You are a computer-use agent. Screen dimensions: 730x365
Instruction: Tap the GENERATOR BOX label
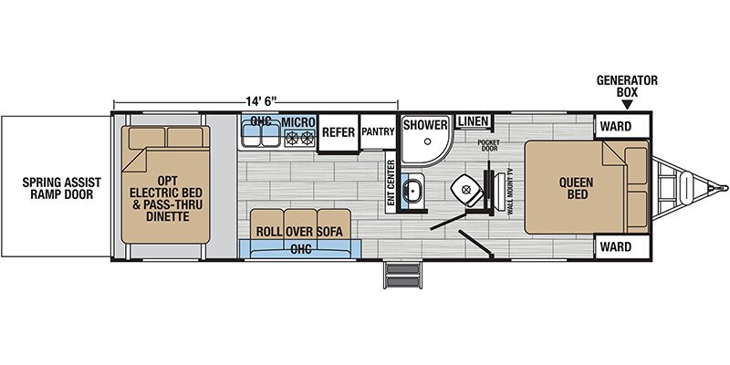[x=627, y=86]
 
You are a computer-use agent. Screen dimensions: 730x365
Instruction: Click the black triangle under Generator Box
[x=627, y=105]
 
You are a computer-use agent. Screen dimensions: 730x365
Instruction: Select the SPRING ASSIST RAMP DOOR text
[x=61, y=188]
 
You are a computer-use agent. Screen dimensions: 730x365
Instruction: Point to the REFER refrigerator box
[x=339, y=132]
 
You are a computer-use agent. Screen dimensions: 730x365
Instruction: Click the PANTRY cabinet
[x=378, y=131]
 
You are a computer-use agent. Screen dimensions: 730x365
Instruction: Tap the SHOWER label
[x=425, y=125]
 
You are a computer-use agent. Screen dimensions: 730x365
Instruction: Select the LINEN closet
[x=473, y=122]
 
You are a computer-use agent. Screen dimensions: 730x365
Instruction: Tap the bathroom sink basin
[x=412, y=190]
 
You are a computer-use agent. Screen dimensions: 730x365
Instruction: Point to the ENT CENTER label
[x=391, y=183]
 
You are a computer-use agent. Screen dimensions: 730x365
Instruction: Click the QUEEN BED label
[x=578, y=188]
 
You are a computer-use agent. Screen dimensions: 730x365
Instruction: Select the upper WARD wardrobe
[x=622, y=126]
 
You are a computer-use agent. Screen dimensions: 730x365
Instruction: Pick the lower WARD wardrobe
[x=622, y=246]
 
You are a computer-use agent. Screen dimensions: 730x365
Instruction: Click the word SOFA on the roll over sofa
[x=330, y=232]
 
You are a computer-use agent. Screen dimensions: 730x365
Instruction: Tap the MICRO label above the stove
[x=297, y=122]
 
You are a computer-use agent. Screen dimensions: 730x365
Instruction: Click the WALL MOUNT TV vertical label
[x=510, y=191]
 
